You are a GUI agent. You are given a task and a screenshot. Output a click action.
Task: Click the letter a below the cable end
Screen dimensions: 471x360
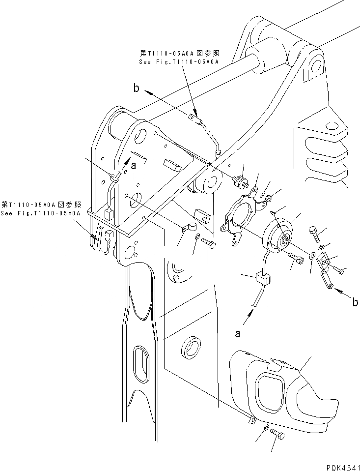tap(238, 334)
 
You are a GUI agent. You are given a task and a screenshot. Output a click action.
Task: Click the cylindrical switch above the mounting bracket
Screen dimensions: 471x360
tap(241, 180)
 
